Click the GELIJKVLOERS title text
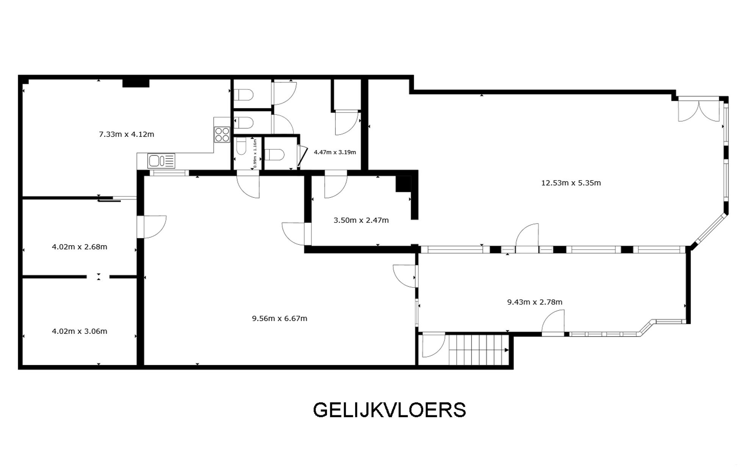(x=389, y=410)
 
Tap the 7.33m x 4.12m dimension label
(x=127, y=134)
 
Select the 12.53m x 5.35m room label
(x=571, y=183)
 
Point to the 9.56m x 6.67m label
(x=280, y=318)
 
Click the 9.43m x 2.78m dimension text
(x=535, y=302)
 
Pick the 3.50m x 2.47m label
(x=361, y=220)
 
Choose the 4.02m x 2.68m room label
(x=80, y=247)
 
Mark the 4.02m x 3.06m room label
(x=80, y=331)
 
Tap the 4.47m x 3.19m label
(x=335, y=152)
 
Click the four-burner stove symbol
(x=222, y=134)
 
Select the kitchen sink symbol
(x=161, y=161)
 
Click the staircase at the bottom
(x=478, y=349)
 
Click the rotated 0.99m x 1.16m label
(x=255, y=153)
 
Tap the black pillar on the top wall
(x=136, y=83)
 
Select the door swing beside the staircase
(x=434, y=345)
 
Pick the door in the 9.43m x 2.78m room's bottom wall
(x=553, y=323)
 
